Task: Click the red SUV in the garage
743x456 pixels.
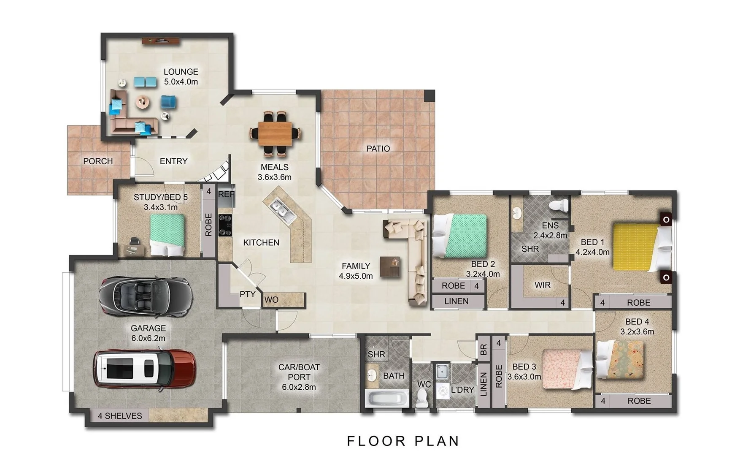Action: tap(144, 368)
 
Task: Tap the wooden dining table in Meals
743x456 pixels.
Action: tap(275, 133)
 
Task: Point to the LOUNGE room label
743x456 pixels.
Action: tap(181, 72)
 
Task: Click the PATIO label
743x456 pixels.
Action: tap(378, 149)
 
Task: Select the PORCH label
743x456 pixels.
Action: tap(98, 161)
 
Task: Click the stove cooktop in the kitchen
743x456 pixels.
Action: tap(225, 225)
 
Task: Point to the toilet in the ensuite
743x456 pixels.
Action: tap(559, 206)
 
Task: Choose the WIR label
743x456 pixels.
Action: tap(542, 285)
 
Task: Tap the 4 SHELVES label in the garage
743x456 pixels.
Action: tap(120, 416)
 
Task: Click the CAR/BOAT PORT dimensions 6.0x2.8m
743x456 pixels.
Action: tap(299, 387)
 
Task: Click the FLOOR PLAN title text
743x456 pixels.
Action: tap(403, 441)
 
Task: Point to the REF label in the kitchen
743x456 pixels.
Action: tap(226, 195)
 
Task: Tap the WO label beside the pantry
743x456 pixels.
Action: tap(271, 300)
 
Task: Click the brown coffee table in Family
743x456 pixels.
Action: tap(390, 267)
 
